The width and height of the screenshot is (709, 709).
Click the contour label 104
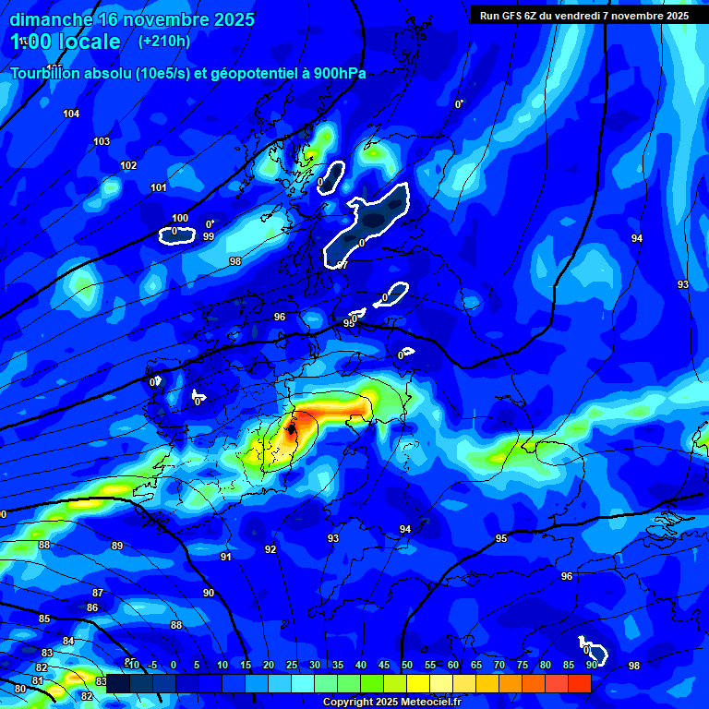click(71, 114)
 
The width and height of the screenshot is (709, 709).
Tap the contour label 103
click(102, 141)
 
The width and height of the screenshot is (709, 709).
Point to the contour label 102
click(128, 165)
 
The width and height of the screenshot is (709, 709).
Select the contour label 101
click(159, 187)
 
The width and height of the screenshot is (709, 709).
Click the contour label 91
click(226, 557)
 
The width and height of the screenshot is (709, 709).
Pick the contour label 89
click(117, 546)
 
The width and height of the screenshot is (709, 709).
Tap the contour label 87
click(98, 593)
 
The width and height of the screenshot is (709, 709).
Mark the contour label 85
click(44, 619)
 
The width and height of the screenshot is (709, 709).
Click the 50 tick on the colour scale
click(406, 665)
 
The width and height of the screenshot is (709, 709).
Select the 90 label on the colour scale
click(591, 665)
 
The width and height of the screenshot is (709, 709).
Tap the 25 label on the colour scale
click(291, 665)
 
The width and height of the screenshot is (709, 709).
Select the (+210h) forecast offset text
click(163, 41)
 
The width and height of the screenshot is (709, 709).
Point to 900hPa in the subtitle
click(337, 73)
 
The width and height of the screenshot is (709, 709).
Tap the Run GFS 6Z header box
click(584, 15)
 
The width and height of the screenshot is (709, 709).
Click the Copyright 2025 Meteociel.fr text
click(391, 702)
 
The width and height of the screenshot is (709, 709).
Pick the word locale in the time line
click(86, 42)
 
